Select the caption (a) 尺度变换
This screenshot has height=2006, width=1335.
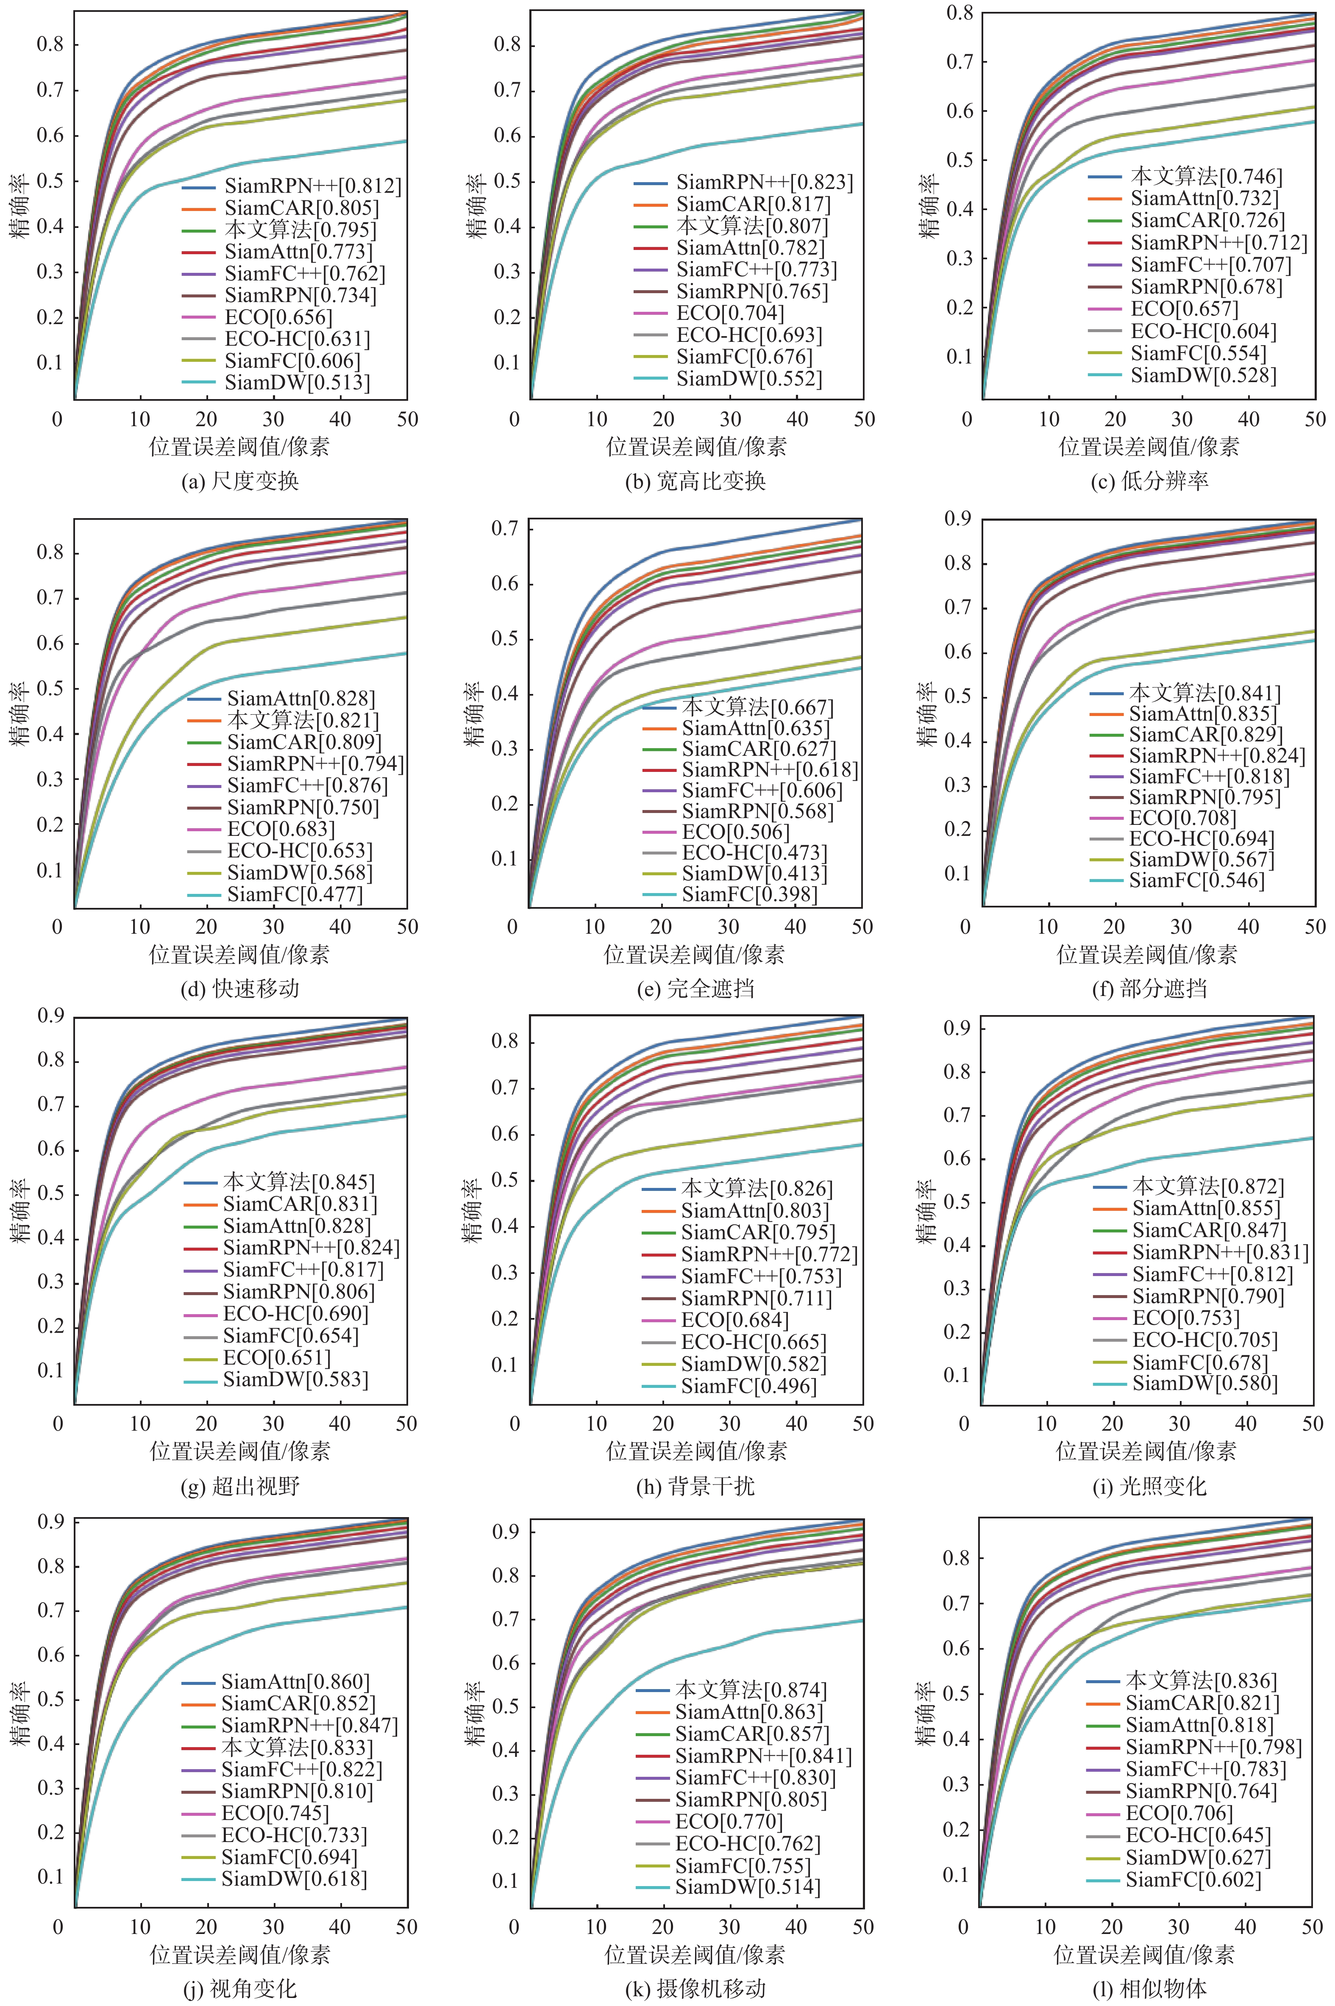tap(240, 481)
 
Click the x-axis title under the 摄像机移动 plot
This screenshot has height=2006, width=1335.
tap(695, 1954)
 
